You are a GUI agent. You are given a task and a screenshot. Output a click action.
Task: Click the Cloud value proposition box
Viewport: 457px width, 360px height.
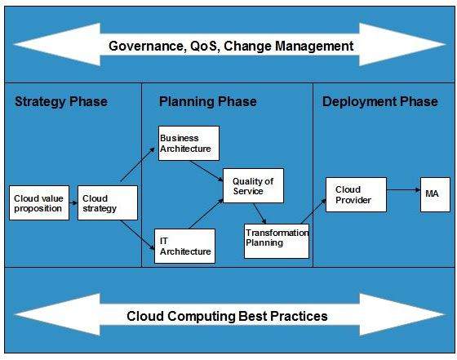point(38,202)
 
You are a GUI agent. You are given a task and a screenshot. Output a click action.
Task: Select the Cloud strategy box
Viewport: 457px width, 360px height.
point(108,202)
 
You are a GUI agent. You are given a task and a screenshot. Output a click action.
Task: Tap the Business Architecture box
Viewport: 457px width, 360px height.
point(189,143)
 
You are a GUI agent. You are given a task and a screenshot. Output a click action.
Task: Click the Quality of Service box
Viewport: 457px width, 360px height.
point(254,186)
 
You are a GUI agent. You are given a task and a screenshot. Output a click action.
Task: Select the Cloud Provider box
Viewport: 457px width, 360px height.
point(356,194)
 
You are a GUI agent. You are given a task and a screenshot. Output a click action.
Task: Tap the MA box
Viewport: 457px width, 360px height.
point(434,194)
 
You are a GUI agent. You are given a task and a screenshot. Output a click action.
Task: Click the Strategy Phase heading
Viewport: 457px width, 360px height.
point(60,102)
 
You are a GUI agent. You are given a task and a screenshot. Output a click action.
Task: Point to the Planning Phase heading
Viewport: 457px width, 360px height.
point(207,102)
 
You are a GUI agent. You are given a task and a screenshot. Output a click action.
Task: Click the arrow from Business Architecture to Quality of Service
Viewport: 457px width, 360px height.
point(206,170)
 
